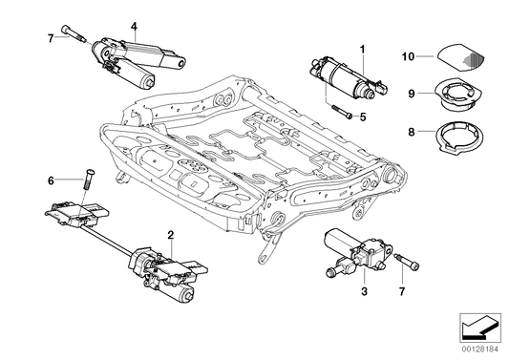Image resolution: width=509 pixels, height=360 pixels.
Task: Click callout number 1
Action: (363, 48)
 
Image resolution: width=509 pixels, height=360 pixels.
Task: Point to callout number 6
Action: (50, 179)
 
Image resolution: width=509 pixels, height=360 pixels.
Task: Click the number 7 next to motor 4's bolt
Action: (50, 38)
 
